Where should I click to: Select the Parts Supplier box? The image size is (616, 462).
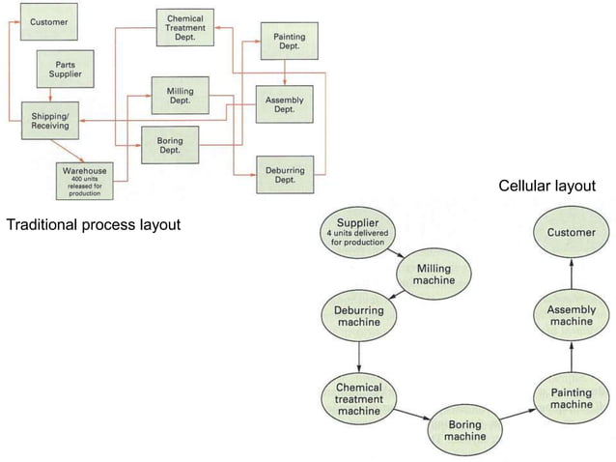click(x=66, y=69)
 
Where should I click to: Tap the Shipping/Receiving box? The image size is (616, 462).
click(x=49, y=120)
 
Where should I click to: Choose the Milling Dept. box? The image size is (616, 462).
click(x=181, y=96)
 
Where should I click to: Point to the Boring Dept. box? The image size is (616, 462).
click(x=170, y=144)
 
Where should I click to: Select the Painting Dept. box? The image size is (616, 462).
click(x=289, y=41)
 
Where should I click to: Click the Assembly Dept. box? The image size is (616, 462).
click(x=284, y=105)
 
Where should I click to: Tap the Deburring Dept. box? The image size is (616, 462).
click(x=285, y=175)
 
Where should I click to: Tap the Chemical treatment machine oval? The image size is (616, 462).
click(x=359, y=398)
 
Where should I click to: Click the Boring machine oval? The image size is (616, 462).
click(x=465, y=431)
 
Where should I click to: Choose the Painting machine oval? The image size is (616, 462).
click(x=572, y=398)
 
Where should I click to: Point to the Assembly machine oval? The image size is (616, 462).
click(x=572, y=315)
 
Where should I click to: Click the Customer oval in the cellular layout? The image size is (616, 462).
click(x=572, y=233)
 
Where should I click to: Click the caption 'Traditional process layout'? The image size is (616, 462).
click(x=95, y=226)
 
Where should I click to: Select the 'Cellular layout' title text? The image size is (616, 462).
click(x=546, y=186)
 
